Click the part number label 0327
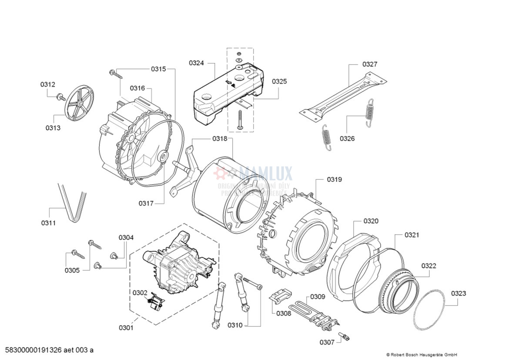click(x=370, y=64)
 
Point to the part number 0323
click(x=458, y=293)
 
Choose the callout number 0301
click(x=126, y=328)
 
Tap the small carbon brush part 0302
click(x=156, y=302)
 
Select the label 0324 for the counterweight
click(x=196, y=63)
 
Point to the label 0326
click(x=347, y=139)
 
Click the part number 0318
click(x=220, y=139)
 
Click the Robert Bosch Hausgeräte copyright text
click(x=422, y=354)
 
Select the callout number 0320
click(x=371, y=221)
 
